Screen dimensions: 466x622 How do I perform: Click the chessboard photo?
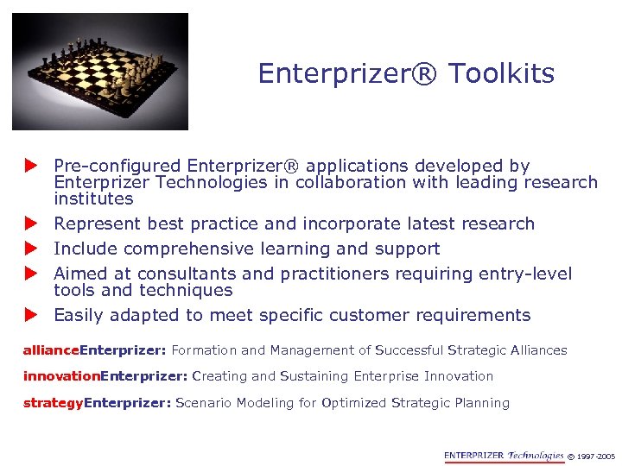[x=99, y=71]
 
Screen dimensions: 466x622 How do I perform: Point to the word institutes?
[x=93, y=198]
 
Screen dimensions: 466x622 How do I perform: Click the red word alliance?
[x=50, y=350]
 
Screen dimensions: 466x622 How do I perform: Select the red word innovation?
[x=61, y=376]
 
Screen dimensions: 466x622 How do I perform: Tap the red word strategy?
[x=53, y=402]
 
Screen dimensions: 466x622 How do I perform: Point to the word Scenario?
[x=202, y=402]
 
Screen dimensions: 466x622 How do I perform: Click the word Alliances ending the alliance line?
[x=538, y=350]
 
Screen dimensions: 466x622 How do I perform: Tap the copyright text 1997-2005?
[x=596, y=457]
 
